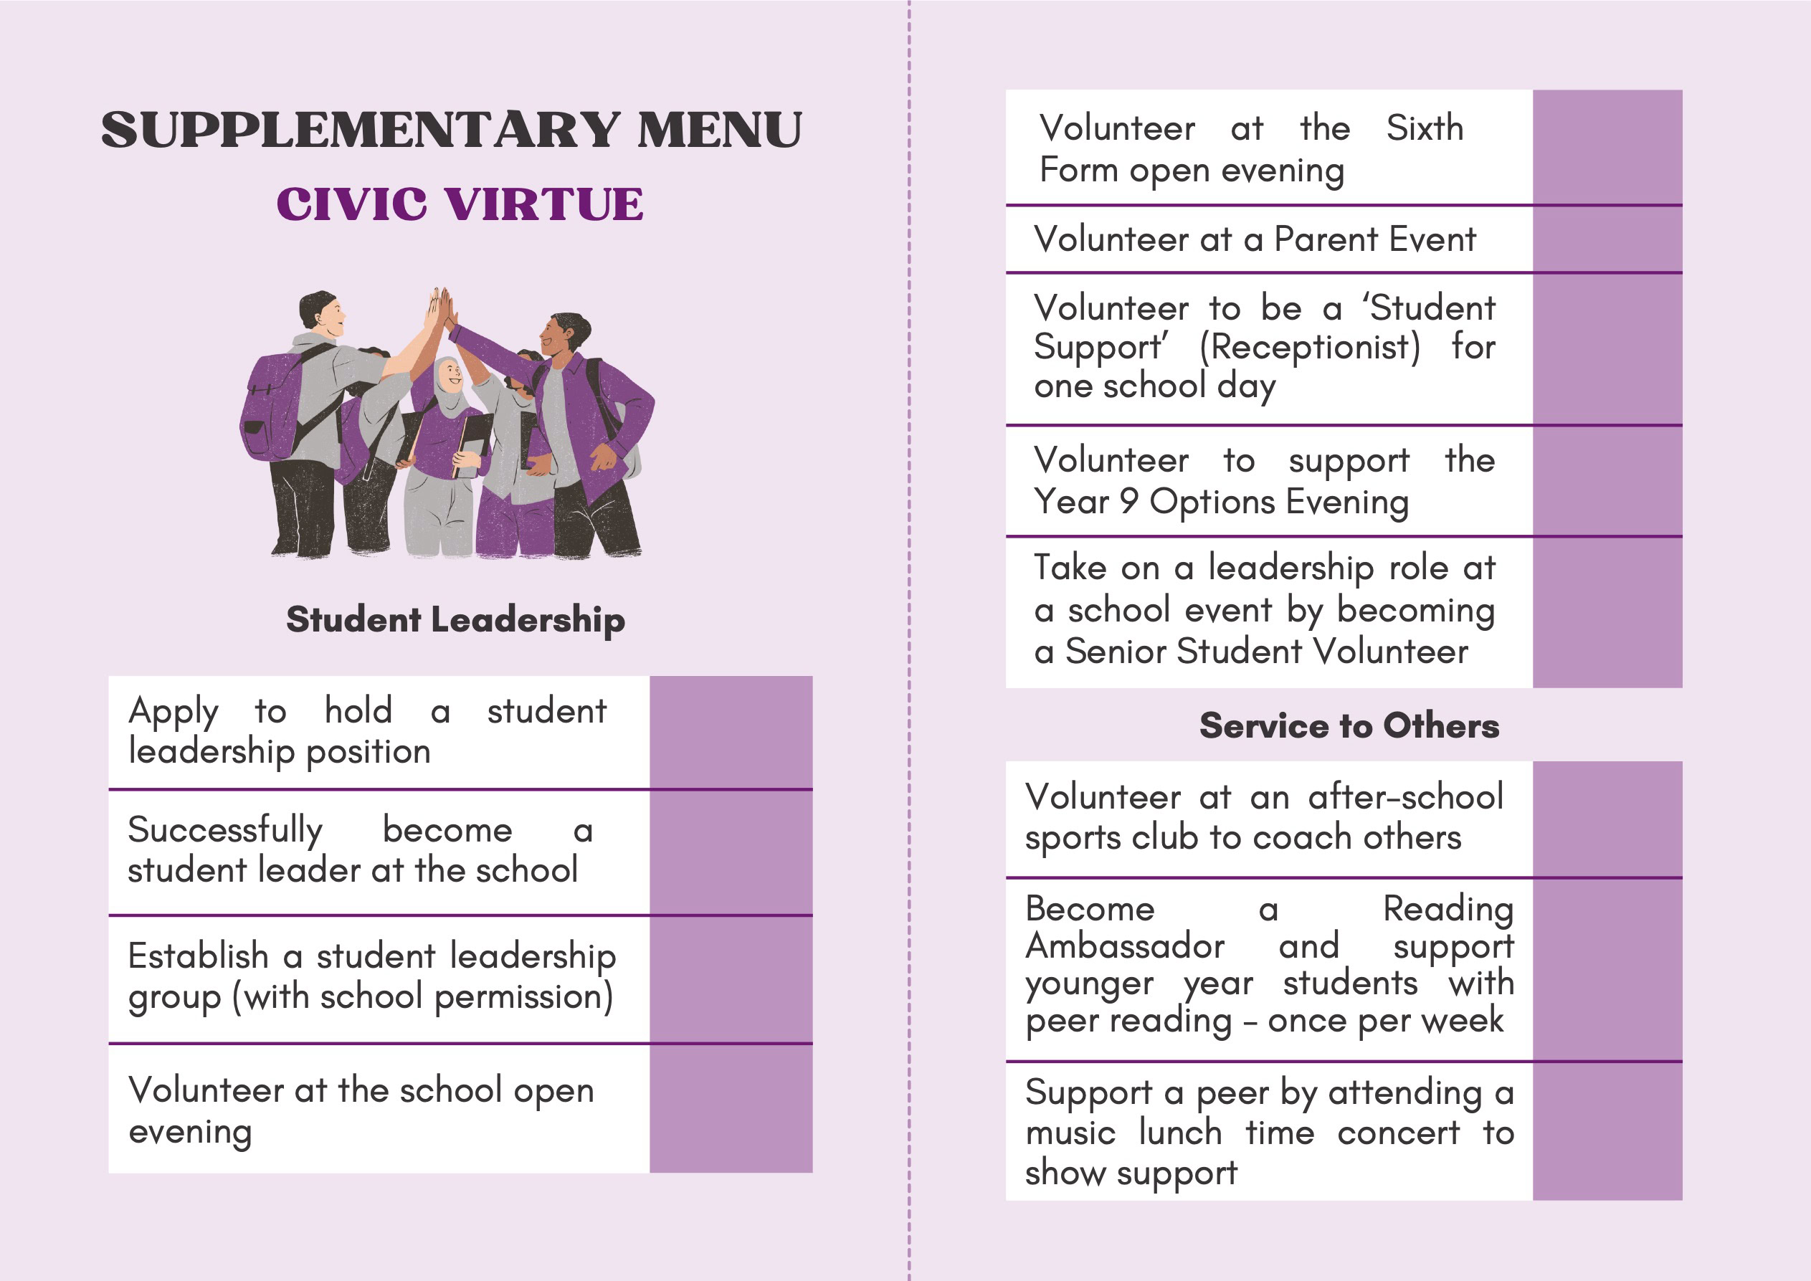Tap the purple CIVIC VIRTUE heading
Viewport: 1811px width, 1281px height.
[459, 204]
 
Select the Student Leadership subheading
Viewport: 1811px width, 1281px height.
[455, 619]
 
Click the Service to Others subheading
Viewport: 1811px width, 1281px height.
[1348, 725]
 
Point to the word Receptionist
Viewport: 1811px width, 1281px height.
[1309, 347]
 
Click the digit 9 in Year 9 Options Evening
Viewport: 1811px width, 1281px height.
[1128, 501]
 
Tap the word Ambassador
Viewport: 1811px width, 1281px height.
[1125, 946]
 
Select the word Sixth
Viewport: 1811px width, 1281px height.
[1424, 128]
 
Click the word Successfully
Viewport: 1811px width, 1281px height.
[226, 830]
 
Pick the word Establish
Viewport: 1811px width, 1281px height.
[198, 956]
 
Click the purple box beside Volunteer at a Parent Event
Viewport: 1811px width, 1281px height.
[1607, 239]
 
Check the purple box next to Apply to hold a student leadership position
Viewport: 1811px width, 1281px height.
[731, 731]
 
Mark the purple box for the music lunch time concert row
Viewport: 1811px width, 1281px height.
[1607, 1132]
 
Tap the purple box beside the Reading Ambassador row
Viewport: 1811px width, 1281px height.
[1607, 969]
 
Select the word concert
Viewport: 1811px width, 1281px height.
[1399, 1133]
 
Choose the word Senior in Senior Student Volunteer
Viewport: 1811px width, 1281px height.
[1116, 652]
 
